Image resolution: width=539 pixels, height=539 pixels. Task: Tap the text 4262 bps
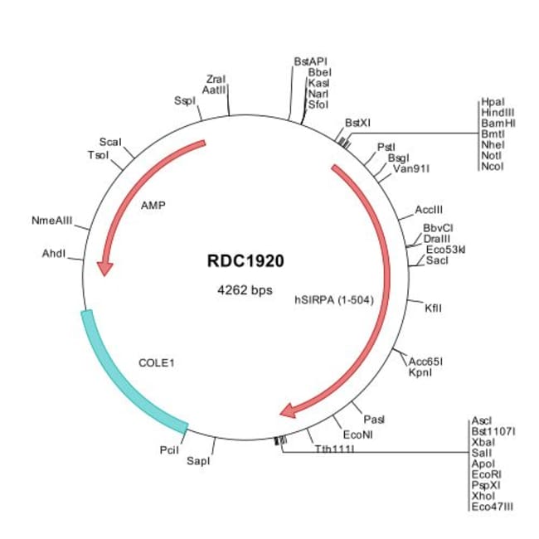tap(245, 290)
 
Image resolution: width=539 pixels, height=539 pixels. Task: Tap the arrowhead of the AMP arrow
tap(104, 268)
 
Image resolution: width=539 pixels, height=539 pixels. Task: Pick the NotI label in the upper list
tap(492, 155)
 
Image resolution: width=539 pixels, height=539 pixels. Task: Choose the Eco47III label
tap(492, 506)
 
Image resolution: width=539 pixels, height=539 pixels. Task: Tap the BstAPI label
tap(311, 61)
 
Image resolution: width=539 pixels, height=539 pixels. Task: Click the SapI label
tap(199, 460)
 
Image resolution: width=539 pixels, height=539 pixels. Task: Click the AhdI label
tap(54, 253)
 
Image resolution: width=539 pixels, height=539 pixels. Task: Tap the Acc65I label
tap(426, 361)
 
